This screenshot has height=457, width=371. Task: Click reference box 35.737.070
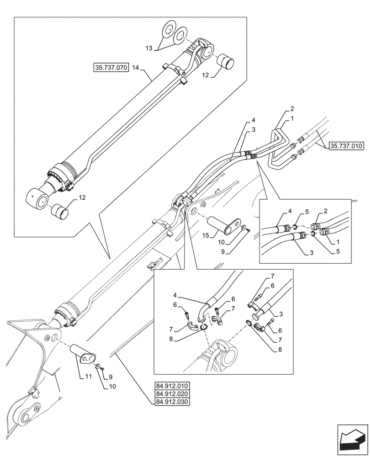(x=111, y=68)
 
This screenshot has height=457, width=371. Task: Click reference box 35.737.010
(x=346, y=146)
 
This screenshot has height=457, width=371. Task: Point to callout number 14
(x=135, y=68)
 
